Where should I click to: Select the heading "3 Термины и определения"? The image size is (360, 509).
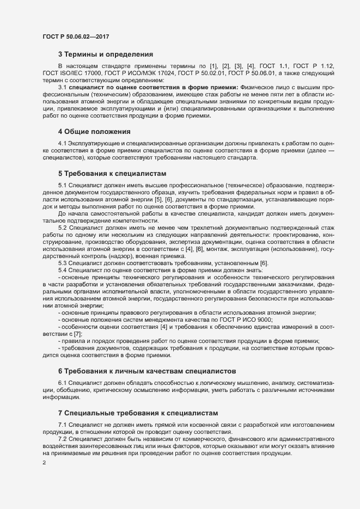(x=105, y=54)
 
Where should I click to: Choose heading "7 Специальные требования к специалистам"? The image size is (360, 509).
(x=138, y=413)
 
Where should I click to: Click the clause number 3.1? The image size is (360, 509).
(x=62, y=87)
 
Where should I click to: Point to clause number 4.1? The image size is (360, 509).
(x=62, y=143)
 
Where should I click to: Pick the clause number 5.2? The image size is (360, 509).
(x=62, y=228)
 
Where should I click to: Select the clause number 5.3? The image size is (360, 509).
(x=62, y=263)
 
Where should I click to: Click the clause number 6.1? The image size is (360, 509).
(x=62, y=383)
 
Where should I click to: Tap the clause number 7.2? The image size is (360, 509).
(x=62, y=438)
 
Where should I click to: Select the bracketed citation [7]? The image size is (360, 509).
(x=77, y=334)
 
